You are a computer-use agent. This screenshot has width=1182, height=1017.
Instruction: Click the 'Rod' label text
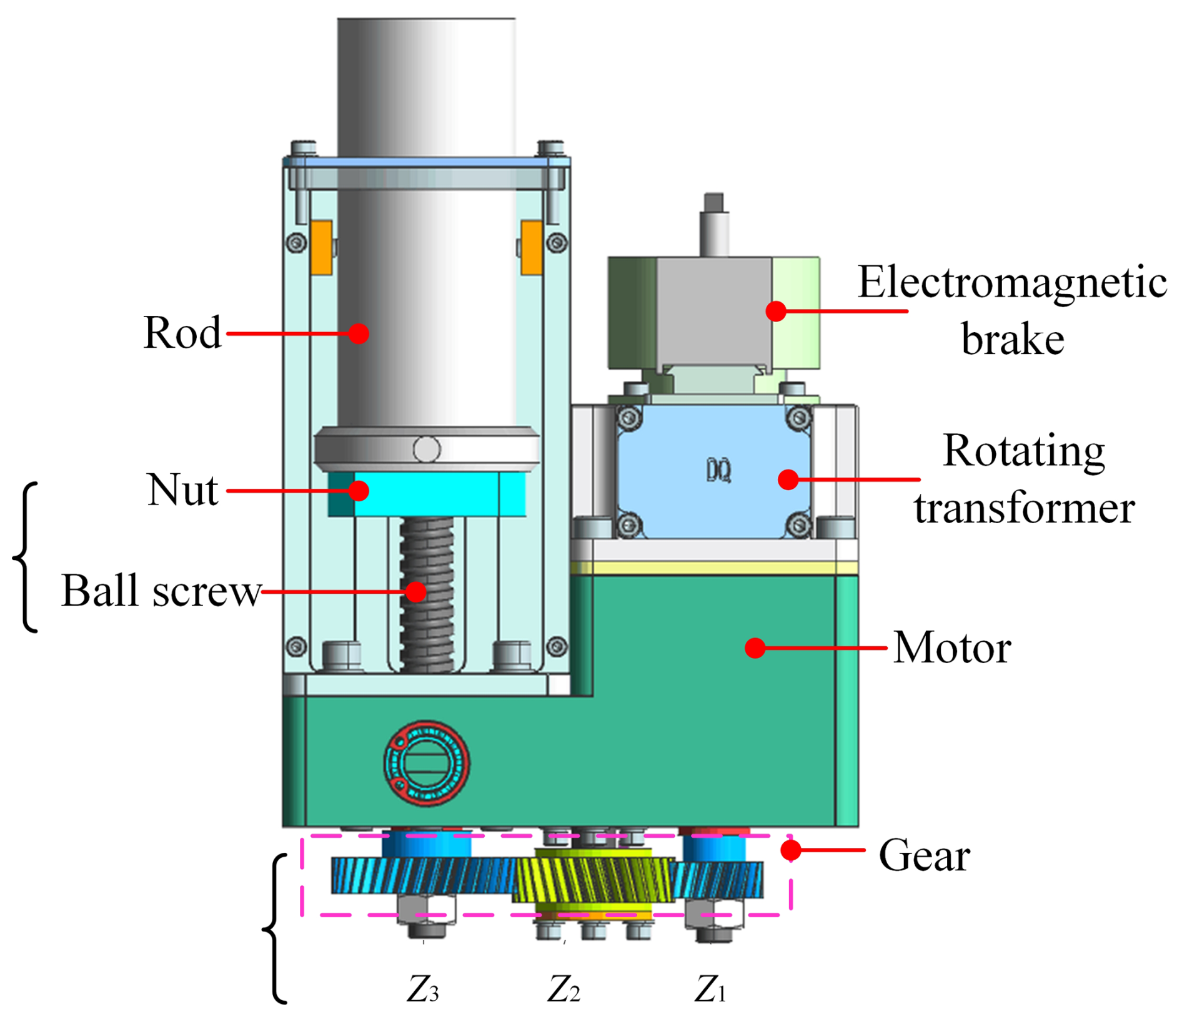tap(182, 333)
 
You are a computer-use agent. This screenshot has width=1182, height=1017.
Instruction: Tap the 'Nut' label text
tap(182, 490)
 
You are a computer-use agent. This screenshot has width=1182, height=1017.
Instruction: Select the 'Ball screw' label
tap(161, 591)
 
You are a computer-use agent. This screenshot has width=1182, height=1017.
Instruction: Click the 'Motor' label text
tap(951, 648)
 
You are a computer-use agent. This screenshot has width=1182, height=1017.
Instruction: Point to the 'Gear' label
tap(924, 855)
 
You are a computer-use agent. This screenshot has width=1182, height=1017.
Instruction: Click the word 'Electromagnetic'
tap(1011, 283)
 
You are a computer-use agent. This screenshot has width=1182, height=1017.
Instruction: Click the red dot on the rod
tap(359, 333)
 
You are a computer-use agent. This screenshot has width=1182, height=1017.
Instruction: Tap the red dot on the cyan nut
tap(359, 491)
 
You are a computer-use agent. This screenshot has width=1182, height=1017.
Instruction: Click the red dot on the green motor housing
tap(755, 648)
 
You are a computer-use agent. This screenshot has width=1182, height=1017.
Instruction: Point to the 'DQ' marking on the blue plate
tap(718, 471)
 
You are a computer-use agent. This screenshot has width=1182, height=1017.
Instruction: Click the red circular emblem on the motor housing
tap(427, 763)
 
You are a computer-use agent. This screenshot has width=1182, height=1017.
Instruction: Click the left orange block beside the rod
tap(321, 247)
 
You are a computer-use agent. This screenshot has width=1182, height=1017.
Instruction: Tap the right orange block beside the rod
tap(532, 247)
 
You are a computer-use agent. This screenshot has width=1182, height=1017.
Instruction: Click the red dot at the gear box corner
tap(791, 850)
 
